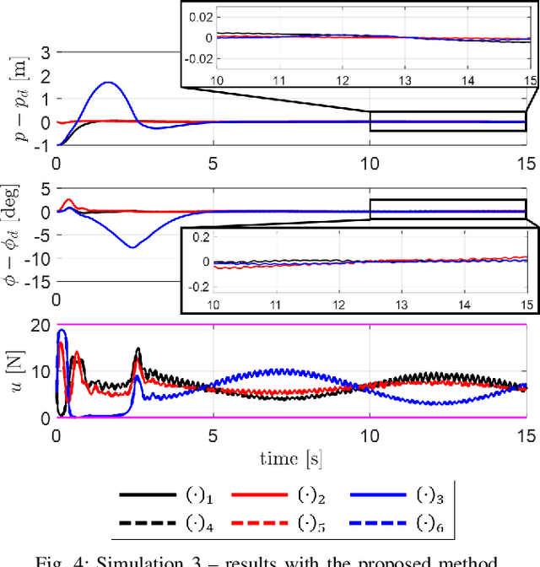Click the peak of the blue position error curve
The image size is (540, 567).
tap(108, 83)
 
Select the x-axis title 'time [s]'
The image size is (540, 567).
tap(291, 457)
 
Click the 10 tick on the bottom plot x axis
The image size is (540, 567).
tap(370, 435)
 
